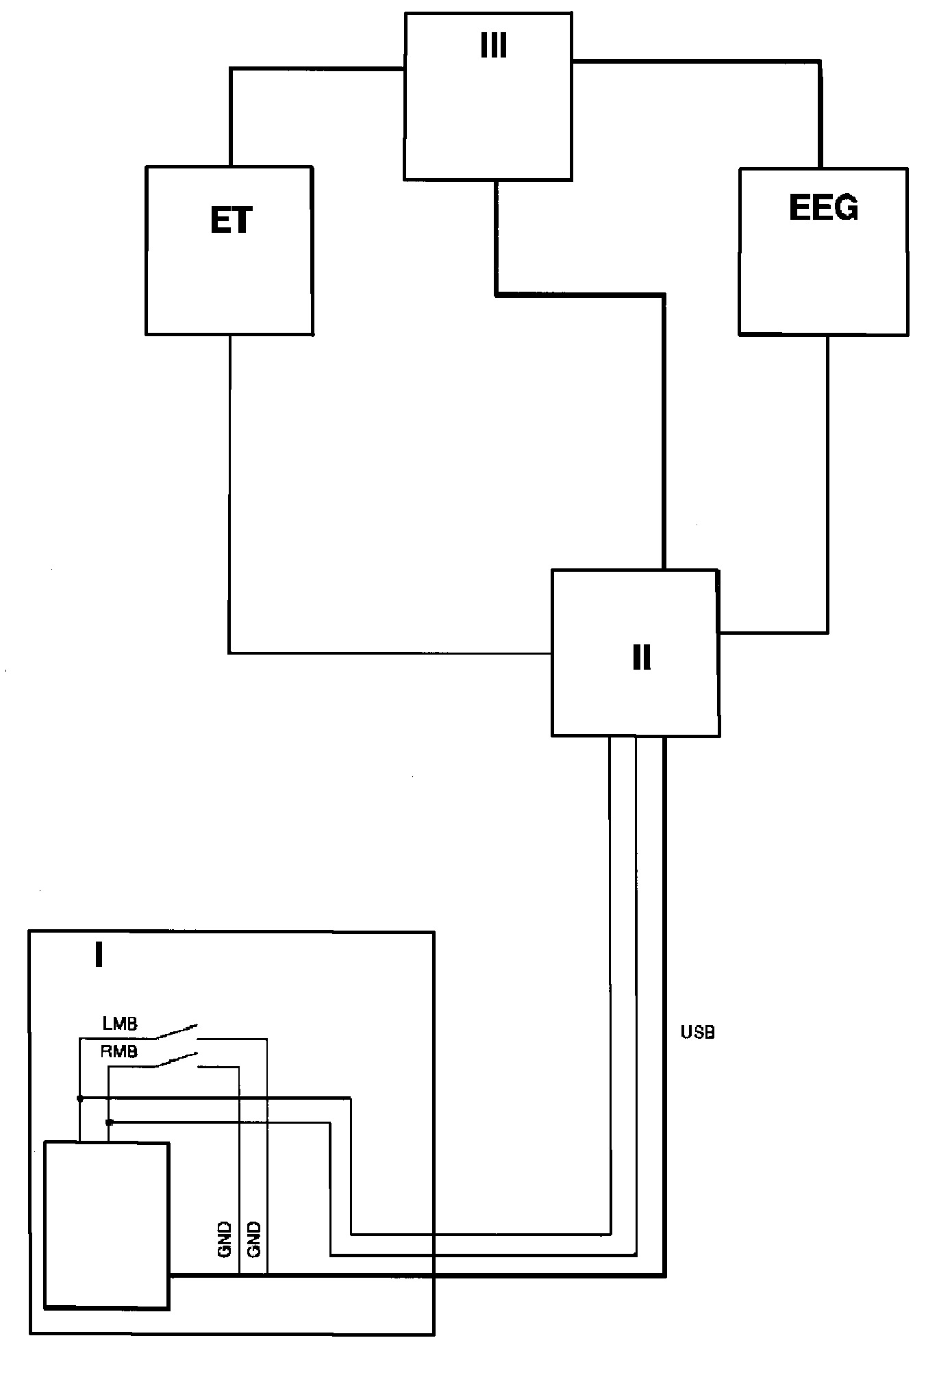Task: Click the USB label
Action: click(698, 1032)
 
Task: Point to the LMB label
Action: click(120, 1024)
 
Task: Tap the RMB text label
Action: click(119, 1051)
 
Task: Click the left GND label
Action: click(225, 1239)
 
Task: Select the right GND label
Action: click(253, 1239)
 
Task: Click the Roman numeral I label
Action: click(99, 955)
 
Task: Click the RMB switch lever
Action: click(174, 1061)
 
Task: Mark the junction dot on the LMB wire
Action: click(80, 1098)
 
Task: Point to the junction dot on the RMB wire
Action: click(109, 1122)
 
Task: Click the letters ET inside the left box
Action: click(231, 220)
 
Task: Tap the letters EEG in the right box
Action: click(823, 207)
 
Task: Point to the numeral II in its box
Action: click(642, 657)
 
